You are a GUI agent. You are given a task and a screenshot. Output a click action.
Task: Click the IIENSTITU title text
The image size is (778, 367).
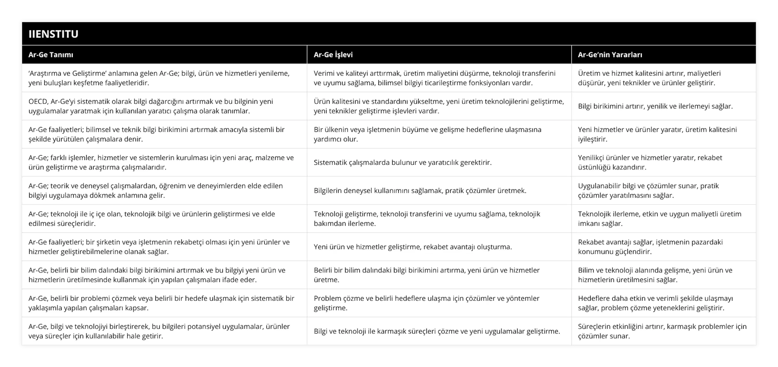tap(54, 34)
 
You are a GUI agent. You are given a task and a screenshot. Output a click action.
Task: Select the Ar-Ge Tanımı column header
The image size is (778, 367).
tap(51, 55)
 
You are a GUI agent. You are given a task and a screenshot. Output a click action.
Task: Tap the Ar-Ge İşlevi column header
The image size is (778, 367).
tap(333, 55)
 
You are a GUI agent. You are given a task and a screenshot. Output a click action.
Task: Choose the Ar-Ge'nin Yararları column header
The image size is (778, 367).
tap(610, 55)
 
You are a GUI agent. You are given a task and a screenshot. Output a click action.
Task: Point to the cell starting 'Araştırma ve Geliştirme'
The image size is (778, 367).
tap(159, 78)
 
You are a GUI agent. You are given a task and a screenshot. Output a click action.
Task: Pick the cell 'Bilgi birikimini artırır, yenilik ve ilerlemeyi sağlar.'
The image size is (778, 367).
tap(655, 106)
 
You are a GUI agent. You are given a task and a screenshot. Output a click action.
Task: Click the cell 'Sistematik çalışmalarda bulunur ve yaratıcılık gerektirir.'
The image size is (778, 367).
tap(403, 162)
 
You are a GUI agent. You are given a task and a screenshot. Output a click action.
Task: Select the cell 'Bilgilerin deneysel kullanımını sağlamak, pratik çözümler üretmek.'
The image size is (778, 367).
tap(420, 190)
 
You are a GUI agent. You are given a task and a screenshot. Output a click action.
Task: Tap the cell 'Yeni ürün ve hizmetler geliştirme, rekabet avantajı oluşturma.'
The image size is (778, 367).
tap(413, 247)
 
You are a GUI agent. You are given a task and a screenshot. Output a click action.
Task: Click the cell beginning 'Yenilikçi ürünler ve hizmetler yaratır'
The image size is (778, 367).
tap(650, 162)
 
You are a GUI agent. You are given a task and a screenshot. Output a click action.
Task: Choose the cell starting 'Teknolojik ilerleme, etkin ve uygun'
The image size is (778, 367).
tap(660, 219)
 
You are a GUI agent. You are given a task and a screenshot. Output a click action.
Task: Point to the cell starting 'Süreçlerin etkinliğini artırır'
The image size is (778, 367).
tap(662, 331)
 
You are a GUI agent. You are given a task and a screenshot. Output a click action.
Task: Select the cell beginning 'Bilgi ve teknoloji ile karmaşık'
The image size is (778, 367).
tap(437, 331)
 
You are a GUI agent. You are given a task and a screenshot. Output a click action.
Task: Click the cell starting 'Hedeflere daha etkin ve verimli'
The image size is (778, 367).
tap(655, 303)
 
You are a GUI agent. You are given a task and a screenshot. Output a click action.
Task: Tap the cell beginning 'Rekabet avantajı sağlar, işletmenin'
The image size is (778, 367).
tap(650, 247)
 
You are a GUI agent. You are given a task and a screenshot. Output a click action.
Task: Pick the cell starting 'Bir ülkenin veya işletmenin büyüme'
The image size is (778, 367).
tap(427, 134)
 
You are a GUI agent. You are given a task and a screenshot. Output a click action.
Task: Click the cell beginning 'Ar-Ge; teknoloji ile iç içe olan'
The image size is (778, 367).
tap(152, 219)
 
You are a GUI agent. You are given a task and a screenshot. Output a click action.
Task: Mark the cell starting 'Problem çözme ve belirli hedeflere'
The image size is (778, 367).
tap(426, 303)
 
